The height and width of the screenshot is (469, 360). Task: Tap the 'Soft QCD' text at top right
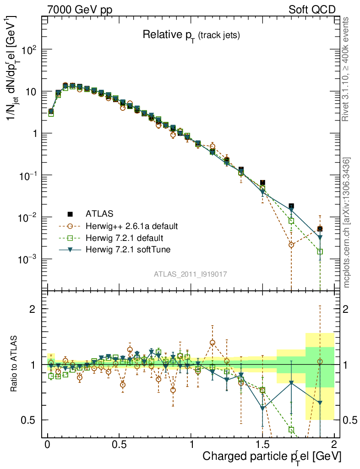coord(312,10)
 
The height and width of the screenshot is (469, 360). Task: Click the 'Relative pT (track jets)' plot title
coord(191,35)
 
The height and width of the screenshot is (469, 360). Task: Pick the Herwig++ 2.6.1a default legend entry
coord(131,226)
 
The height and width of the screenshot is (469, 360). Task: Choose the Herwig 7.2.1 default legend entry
coord(124,238)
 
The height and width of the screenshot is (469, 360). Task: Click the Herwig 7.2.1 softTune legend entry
coord(127,250)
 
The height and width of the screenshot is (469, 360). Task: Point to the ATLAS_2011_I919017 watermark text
coord(191,274)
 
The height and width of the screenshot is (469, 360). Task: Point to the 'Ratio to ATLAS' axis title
coord(15,364)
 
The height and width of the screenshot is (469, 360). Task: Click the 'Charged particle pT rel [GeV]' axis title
coord(272,457)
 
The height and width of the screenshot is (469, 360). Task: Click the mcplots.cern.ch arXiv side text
coord(347,222)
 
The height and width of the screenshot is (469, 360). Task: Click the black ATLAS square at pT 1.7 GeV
coord(291,206)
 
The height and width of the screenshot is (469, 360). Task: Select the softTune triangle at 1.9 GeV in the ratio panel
coord(320,403)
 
